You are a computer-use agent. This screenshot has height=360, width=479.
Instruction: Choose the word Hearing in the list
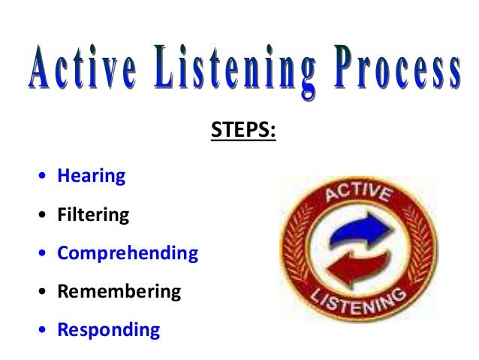click(x=91, y=177)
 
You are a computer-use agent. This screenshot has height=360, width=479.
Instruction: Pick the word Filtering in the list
click(x=93, y=215)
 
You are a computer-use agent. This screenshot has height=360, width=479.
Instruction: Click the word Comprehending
click(x=128, y=253)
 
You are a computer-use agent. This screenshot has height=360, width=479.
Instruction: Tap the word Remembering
click(x=119, y=292)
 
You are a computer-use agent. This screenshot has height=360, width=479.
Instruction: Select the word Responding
click(x=108, y=330)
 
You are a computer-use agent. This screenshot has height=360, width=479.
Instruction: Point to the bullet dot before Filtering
click(x=42, y=216)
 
